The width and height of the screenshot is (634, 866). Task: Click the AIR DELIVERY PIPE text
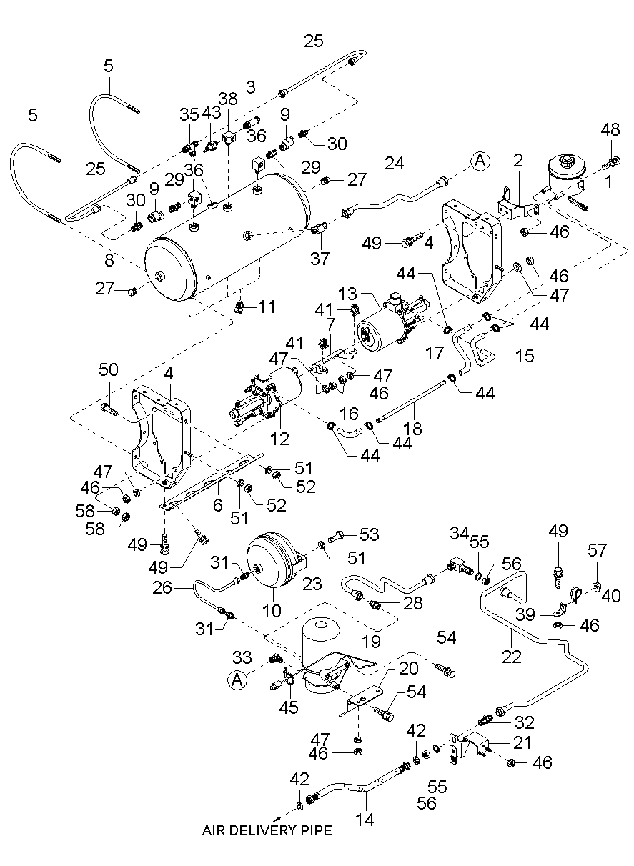(x=267, y=831)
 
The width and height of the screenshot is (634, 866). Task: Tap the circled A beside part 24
(x=481, y=161)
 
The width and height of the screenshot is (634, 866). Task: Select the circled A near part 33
(x=238, y=680)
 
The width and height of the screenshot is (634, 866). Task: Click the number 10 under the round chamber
(x=272, y=612)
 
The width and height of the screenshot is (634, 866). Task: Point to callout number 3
(x=250, y=87)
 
